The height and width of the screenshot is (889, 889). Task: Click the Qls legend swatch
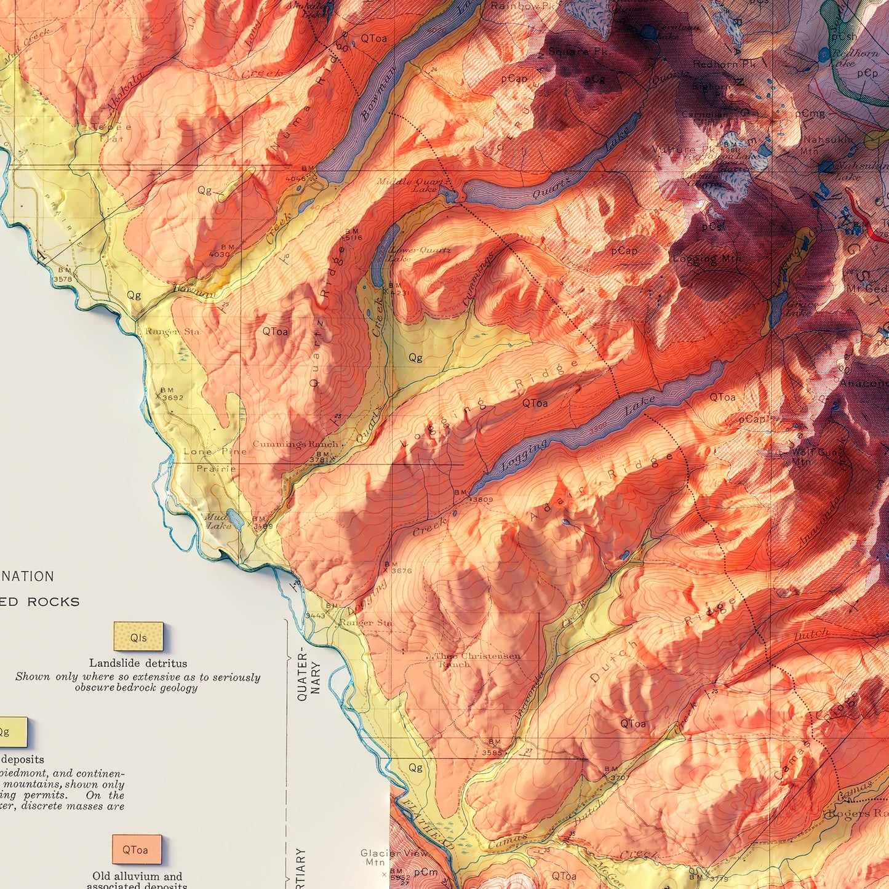click(138, 636)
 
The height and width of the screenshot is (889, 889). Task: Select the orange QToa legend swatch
click(137, 849)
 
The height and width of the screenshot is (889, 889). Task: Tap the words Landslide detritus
click(138, 663)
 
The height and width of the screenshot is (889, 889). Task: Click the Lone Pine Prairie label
click(215, 460)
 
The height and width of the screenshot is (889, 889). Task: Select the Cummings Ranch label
click(295, 444)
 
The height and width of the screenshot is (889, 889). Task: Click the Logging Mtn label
click(706, 258)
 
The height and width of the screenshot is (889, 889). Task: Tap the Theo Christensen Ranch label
click(477, 660)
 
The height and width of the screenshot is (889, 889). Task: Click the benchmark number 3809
click(482, 500)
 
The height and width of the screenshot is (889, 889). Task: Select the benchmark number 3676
click(401, 571)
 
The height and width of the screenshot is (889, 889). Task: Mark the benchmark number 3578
click(63, 279)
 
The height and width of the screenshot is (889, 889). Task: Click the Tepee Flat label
click(111, 133)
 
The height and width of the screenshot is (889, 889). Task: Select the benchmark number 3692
click(173, 397)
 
